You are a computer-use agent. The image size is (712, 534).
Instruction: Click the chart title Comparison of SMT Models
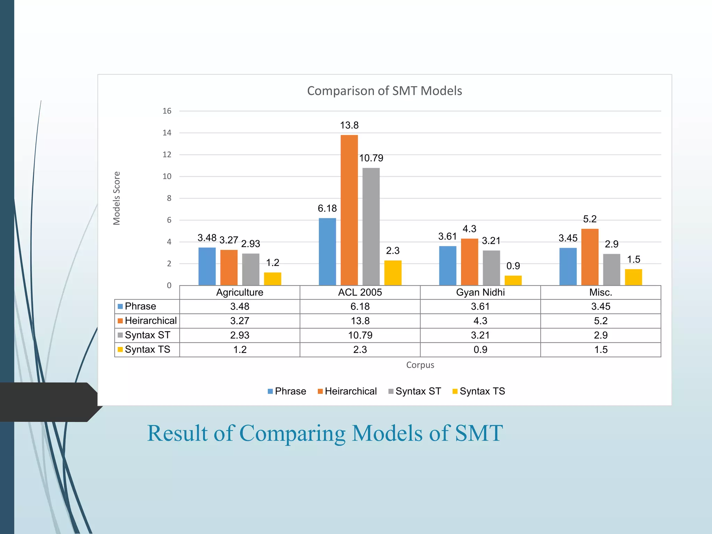(385, 91)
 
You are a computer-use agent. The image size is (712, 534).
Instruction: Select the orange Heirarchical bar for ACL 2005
(349, 210)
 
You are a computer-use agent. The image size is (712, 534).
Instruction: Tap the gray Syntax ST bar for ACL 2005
(371, 226)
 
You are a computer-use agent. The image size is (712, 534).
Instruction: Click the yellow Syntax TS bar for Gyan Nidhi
(513, 280)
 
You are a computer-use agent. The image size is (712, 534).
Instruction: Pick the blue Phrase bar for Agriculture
(207, 266)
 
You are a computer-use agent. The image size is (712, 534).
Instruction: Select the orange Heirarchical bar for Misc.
(590, 257)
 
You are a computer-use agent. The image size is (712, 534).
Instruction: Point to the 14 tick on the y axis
(167, 133)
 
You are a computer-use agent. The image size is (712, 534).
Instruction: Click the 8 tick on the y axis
(169, 198)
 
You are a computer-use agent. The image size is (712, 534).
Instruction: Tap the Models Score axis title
(116, 198)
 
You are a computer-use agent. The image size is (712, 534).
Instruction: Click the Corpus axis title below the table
(420, 365)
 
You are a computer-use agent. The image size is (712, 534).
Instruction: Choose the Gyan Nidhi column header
(480, 292)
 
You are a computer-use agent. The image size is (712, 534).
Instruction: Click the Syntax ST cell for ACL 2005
(360, 335)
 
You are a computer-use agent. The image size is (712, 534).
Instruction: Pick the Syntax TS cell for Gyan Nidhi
(480, 349)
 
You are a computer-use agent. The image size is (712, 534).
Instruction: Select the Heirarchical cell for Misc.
(600, 321)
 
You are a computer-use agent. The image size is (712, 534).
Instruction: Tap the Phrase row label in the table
(140, 306)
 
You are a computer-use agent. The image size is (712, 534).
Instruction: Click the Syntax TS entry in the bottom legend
(482, 391)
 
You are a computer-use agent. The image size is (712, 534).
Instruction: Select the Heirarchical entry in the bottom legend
(350, 391)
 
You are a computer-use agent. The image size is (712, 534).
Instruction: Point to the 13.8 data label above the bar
(349, 125)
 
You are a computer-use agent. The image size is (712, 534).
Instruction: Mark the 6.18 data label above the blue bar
(327, 209)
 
